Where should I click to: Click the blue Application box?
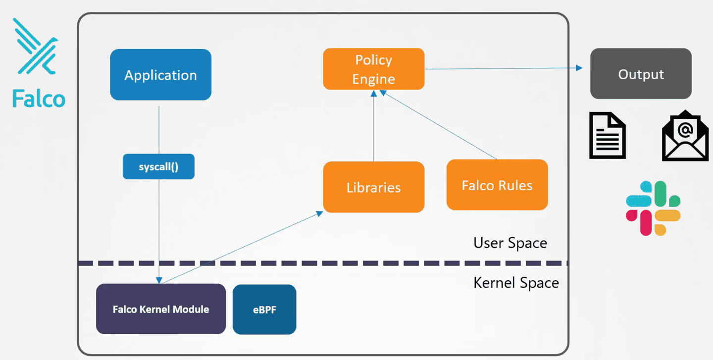click(161, 75)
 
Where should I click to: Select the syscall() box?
click(158, 166)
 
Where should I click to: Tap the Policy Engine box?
click(374, 69)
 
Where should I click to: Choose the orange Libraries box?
click(374, 187)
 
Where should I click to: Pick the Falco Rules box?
click(497, 185)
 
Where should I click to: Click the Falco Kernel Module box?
click(161, 309)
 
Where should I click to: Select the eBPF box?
click(264, 309)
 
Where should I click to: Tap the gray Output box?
click(641, 74)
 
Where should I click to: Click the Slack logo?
click(653, 208)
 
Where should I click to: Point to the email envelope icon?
click(685, 136)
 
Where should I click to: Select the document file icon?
click(608, 135)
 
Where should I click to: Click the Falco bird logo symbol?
click(36, 47)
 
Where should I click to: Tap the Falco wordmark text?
click(39, 99)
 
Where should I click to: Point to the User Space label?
click(510, 243)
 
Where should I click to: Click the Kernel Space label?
click(516, 283)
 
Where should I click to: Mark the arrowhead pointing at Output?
click(579, 68)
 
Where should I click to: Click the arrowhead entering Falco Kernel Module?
click(159, 280)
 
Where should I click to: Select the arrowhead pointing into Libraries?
click(319, 213)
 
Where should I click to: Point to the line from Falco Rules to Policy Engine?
click(439, 125)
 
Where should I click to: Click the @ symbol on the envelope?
click(685, 130)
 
